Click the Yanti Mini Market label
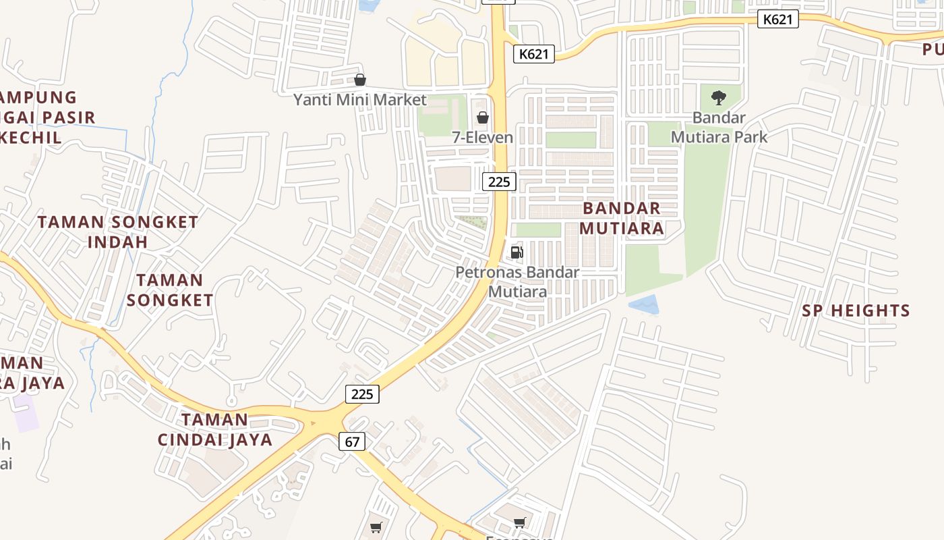click(x=359, y=100)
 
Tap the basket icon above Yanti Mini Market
click(x=360, y=80)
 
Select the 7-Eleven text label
click(x=482, y=137)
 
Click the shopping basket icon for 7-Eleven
click(x=483, y=118)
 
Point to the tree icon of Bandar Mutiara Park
click(x=719, y=97)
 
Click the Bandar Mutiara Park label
click(x=719, y=127)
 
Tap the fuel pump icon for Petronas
click(x=517, y=252)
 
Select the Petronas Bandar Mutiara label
click(x=517, y=281)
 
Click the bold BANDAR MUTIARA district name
click(x=621, y=218)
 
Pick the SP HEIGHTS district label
click(x=856, y=310)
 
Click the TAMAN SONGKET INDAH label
click(x=118, y=232)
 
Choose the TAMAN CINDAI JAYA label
click(x=215, y=430)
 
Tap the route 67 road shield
click(x=352, y=441)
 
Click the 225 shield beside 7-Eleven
click(x=499, y=182)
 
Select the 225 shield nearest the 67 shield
click(x=362, y=394)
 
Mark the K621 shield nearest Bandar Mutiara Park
click(x=777, y=19)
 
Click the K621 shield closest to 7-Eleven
click(x=534, y=54)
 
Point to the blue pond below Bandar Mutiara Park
click(x=644, y=304)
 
